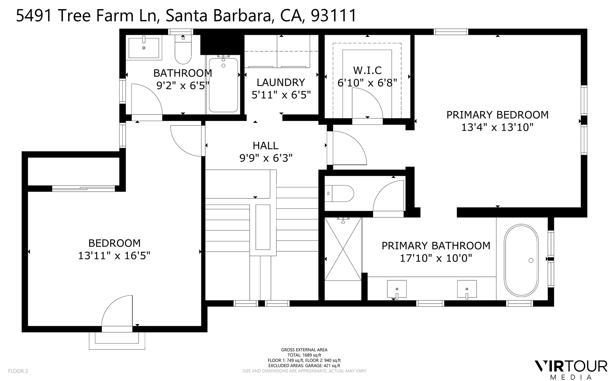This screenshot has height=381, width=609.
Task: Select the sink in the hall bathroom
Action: pos(144,48)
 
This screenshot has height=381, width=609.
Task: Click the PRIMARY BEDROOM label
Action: pos(497,115)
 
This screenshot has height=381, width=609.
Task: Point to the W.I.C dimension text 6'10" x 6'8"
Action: pos(367,83)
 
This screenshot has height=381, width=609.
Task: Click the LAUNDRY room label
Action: pos(281,83)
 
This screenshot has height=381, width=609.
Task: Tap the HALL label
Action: pos(266,146)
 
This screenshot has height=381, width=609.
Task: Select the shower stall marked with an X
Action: pos(343,249)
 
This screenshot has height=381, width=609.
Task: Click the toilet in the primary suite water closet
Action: pos(338,194)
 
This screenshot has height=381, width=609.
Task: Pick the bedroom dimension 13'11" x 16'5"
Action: pos(114,256)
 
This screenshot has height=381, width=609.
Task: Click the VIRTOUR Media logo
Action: pos(571,369)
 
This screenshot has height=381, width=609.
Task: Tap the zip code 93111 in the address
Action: pos(334,15)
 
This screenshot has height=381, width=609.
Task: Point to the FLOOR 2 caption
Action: pos(18,371)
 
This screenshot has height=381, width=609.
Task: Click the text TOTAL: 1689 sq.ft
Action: pos(304,355)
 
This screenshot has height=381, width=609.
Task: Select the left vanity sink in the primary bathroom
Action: pos(397,289)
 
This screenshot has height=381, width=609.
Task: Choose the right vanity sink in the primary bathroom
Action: pos(467,289)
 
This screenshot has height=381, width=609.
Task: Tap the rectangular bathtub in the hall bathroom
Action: pos(223,85)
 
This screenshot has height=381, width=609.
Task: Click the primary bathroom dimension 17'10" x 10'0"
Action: pos(436,258)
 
